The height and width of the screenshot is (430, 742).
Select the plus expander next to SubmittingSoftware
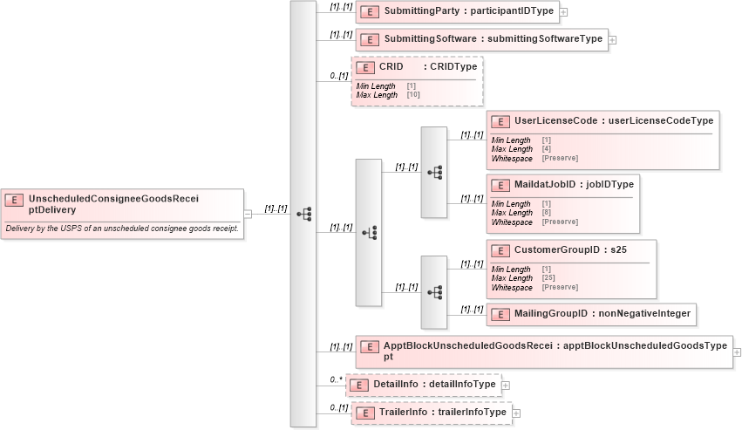click(x=612, y=39)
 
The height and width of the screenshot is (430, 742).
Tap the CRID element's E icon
click(x=364, y=67)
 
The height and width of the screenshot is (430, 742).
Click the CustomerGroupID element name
click(x=554, y=249)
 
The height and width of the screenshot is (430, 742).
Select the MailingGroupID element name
click(x=550, y=313)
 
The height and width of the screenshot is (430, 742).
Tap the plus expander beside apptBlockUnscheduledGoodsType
click(x=738, y=352)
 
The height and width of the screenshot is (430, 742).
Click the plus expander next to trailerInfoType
click(x=516, y=413)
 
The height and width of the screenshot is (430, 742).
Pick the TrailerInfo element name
click(x=405, y=413)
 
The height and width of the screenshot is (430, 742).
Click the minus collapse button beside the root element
click(x=248, y=213)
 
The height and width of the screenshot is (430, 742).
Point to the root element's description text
click(x=122, y=229)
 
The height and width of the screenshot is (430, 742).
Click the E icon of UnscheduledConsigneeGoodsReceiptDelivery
click(x=14, y=200)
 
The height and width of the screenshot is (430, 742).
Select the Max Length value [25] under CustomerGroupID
click(x=548, y=278)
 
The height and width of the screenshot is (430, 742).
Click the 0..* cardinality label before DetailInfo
click(x=336, y=379)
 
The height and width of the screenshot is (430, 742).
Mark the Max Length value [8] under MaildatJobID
click(x=546, y=213)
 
